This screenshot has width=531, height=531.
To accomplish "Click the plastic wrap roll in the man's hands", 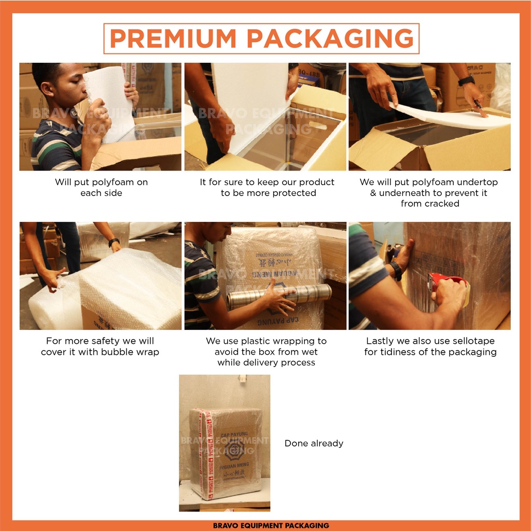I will point(279,296).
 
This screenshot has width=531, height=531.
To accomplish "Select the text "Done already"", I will point(314,443).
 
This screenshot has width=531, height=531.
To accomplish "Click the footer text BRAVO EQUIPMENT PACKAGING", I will point(271,525).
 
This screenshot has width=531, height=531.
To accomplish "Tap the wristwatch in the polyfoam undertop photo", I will point(466,81).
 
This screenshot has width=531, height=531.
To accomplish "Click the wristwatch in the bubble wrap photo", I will point(114,242).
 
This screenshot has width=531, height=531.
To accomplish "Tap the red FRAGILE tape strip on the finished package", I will point(209,454).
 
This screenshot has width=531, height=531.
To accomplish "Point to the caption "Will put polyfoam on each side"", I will point(101,187).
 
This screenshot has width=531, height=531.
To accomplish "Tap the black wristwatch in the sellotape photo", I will point(396,270).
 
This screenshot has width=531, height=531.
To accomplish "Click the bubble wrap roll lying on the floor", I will point(52,306).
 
